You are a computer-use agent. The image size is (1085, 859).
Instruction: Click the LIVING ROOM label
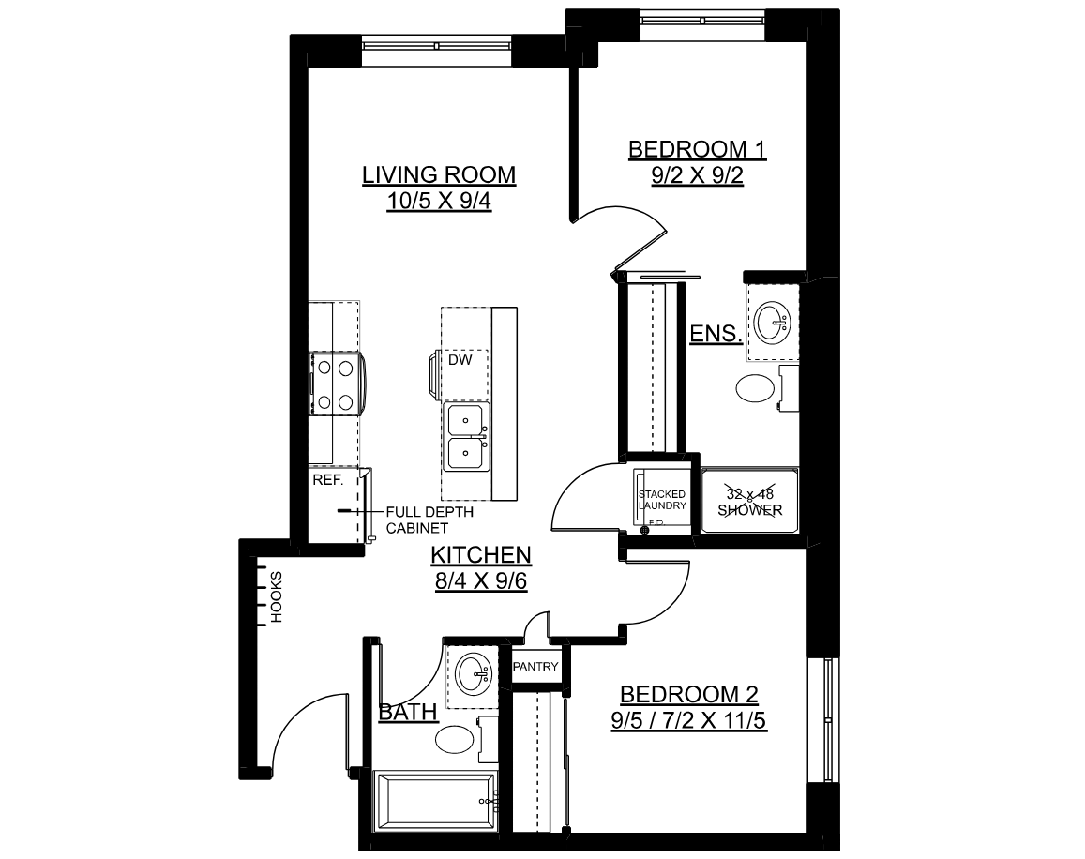(x=439, y=174)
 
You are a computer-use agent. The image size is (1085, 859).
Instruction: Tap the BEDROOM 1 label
(x=697, y=149)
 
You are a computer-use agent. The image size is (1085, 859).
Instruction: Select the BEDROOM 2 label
(x=688, y=694)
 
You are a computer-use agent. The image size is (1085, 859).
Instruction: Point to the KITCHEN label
(x=481, y=554)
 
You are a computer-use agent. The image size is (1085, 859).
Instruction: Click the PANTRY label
(x=535, y=667)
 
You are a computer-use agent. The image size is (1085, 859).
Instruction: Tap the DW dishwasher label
(x=460, y=360)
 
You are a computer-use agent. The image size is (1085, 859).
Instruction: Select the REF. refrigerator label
(x=328, y=480)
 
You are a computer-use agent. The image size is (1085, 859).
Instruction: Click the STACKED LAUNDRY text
(x=662, y=500)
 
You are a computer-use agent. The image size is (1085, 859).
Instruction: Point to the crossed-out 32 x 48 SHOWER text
(x=750, y=501)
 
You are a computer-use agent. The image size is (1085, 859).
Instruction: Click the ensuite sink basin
(x=772, y=323)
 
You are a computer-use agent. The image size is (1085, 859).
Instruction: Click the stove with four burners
(x=337, y=384)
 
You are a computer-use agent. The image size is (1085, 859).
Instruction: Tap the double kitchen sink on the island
(x=466, y=437)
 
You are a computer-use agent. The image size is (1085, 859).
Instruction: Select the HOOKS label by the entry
(x=276, y=596)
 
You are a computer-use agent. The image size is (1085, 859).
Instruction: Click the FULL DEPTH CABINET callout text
(x=429, y=520)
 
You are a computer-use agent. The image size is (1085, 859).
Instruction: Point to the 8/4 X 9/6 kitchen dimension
(x=481, y=580)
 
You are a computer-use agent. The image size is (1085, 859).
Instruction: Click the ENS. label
(x=716, y=334)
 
